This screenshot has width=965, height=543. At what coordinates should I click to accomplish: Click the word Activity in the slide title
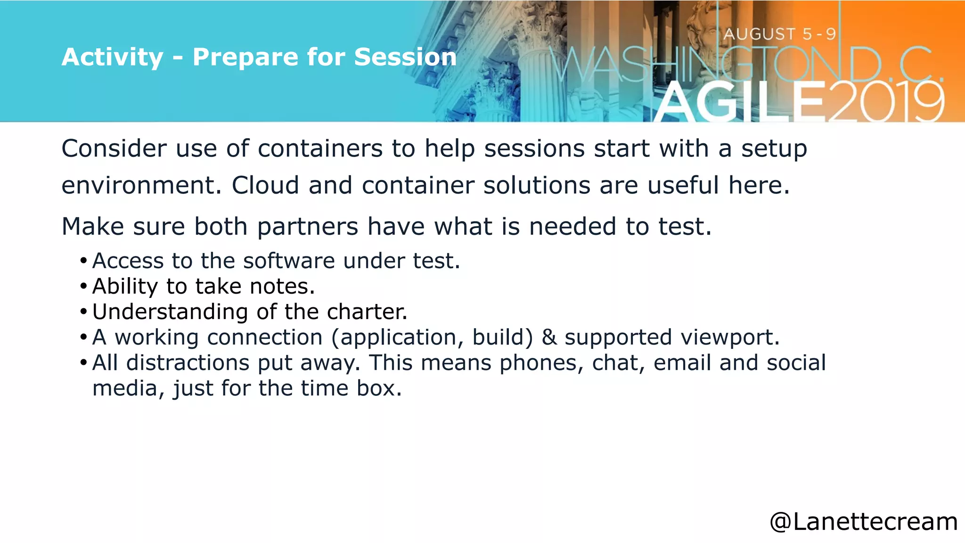[x=112, y=58]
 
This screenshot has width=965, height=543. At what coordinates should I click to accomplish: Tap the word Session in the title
[x=405, y=58]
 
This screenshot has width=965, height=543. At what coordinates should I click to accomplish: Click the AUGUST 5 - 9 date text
[x=780, y=34]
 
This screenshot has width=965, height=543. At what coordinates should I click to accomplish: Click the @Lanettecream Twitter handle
[x=863, y=522]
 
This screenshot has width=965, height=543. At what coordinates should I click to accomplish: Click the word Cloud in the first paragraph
[x=265, y=185]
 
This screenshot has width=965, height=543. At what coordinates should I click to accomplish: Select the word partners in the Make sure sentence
[x=308, y=227]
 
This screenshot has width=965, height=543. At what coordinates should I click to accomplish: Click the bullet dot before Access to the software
[x=83, y=261]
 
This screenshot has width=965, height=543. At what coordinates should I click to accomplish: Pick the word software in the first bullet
[x=289, y=261]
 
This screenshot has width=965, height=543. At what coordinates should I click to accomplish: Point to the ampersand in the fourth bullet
[x=549, y=337]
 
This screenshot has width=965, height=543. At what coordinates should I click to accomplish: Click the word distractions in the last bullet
[x=188, y=363]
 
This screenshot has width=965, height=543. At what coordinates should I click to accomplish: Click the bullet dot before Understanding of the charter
[x=83, y=312]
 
